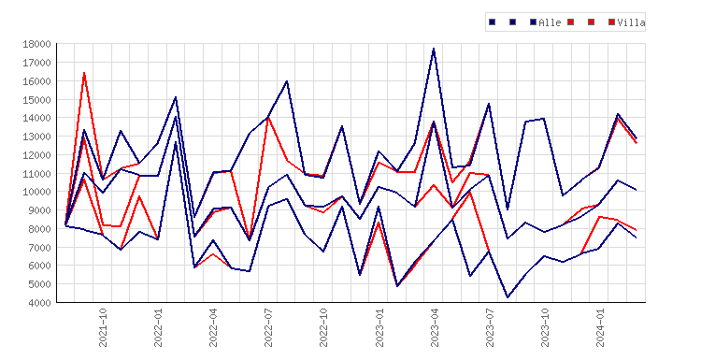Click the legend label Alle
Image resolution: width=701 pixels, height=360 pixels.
pyautogui.click(x=550, y=22)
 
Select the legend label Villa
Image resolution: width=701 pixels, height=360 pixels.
pyautogui.click(x=631, y=22)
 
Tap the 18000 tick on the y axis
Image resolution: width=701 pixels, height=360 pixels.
pyautogui.click(x=36, y=44)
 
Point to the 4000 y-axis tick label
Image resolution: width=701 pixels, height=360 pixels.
pyautogui.click(x=39, y=302)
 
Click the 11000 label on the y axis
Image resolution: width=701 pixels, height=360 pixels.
pyautogui.click(x=36, y=173)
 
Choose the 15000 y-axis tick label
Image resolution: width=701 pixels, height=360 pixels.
pyautogui.click(x=36, y=99)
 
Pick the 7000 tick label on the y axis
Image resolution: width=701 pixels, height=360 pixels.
pyautogui.click(x=39, y=247)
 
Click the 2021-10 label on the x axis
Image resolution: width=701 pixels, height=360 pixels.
pyautogui.click(x=103, y=327)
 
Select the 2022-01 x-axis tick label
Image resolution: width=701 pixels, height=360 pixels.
pyautogui.click(x=158, y=327)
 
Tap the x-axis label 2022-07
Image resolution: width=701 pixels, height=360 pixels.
pyautogui.click(x=268, y=327)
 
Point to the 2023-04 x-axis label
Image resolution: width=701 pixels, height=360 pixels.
pyautogui.click(x=434, y=327)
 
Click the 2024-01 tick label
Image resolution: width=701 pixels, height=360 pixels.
pyautogui.click(x=600, y=327)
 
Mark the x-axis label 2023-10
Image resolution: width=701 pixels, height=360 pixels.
pyautogui.click(x=545, y=327)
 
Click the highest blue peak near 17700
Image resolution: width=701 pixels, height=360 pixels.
pyautogui.click(x=434, y=49)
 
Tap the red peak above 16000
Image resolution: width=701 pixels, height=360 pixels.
pyautogui.click(x=84, y=73)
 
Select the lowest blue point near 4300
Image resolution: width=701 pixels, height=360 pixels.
pyautogui.click(x=508, y=297)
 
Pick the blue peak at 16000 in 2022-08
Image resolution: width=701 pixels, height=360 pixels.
pyautogui.click(x=287, y=81)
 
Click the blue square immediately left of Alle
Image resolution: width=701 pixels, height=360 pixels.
pyautogui.click(x=533, y=22)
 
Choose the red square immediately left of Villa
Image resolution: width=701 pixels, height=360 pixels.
pyautogui.click(x=611, y=22)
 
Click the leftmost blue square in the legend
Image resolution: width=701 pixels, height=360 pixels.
pyautogui.click(x=493, y=22)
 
